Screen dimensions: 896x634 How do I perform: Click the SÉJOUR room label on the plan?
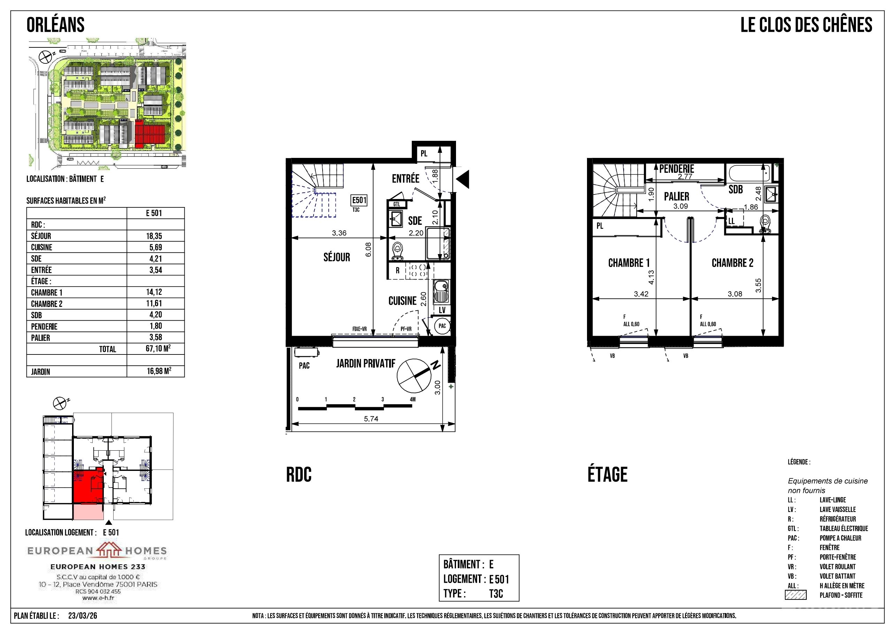(x=337, y=257)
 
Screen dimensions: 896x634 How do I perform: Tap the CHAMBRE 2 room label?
(x=732, y=263)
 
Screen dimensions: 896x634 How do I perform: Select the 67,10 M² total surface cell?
(x=158, y=348)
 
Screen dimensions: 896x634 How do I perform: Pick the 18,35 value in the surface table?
(x=155, y=236)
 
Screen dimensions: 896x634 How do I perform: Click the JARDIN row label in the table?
(x=41, y=372)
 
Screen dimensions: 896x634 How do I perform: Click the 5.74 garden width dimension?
(x=371, y=419)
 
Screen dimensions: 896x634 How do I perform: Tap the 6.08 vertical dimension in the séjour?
(x=368, y=250)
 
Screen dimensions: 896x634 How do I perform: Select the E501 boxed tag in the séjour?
(x=359, y=200)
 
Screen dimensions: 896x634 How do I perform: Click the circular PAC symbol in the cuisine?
(x=442, y=326)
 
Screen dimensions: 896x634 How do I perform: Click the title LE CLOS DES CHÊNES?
(x=806, y=25)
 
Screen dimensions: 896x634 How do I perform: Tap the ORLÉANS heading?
(x=55, y=25)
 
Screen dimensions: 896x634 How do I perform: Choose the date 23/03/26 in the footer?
(x=83, y=616)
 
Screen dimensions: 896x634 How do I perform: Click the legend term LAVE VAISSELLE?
(x=837, y=510)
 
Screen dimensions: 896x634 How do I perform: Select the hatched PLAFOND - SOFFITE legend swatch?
(x=796, y=595)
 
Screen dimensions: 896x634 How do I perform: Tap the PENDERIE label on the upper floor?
(x=677, y=169)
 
